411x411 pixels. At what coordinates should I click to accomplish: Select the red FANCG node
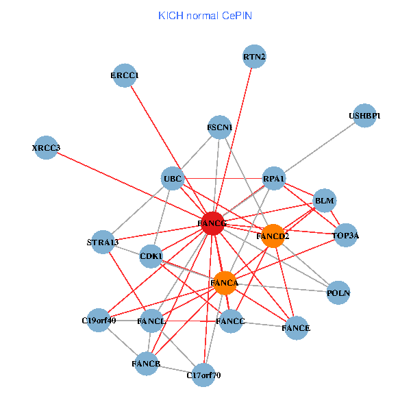[212, 223]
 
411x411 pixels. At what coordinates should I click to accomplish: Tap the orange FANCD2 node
[273, 236]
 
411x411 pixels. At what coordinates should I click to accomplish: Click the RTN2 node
[254, 57]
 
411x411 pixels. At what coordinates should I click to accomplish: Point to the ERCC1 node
[125, 75]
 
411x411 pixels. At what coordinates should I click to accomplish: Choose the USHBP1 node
[364, 116]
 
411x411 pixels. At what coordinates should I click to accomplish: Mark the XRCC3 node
[47, 148]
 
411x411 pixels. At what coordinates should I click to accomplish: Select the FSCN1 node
[220, 127]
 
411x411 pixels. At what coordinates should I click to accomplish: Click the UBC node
[173, 179]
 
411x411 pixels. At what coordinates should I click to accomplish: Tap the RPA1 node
[274, 179]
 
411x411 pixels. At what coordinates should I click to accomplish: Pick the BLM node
[324, 201]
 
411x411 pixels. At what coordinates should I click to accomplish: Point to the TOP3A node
[345, 236]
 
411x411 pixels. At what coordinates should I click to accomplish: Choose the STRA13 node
[103, 242]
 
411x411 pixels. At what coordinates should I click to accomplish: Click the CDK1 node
[151, 257]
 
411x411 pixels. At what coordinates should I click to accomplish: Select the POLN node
[338, 293]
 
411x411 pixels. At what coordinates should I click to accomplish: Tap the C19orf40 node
[99, 320]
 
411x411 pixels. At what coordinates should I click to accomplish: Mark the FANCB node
[146, 364]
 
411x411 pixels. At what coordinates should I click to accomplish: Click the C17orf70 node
[203, 375]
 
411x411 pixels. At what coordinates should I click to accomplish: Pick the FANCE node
[296, 328]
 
